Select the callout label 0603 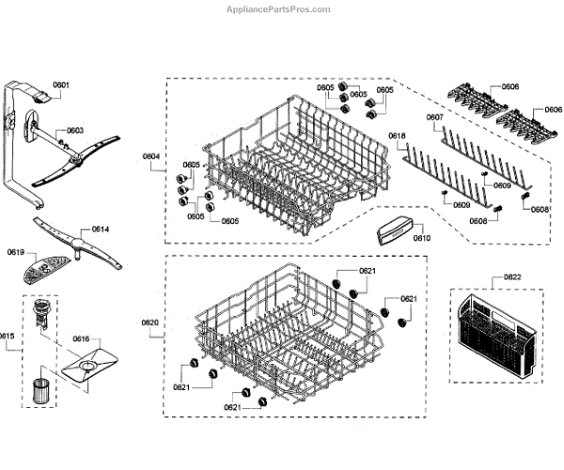[74, 131]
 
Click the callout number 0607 [434, 117]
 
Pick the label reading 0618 [397, 136]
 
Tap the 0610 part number [421, 239]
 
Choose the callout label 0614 [101, 229]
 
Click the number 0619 [16, 252]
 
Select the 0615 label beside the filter [8, 337]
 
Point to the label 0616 [81, 337]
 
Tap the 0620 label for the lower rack [150, 323]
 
